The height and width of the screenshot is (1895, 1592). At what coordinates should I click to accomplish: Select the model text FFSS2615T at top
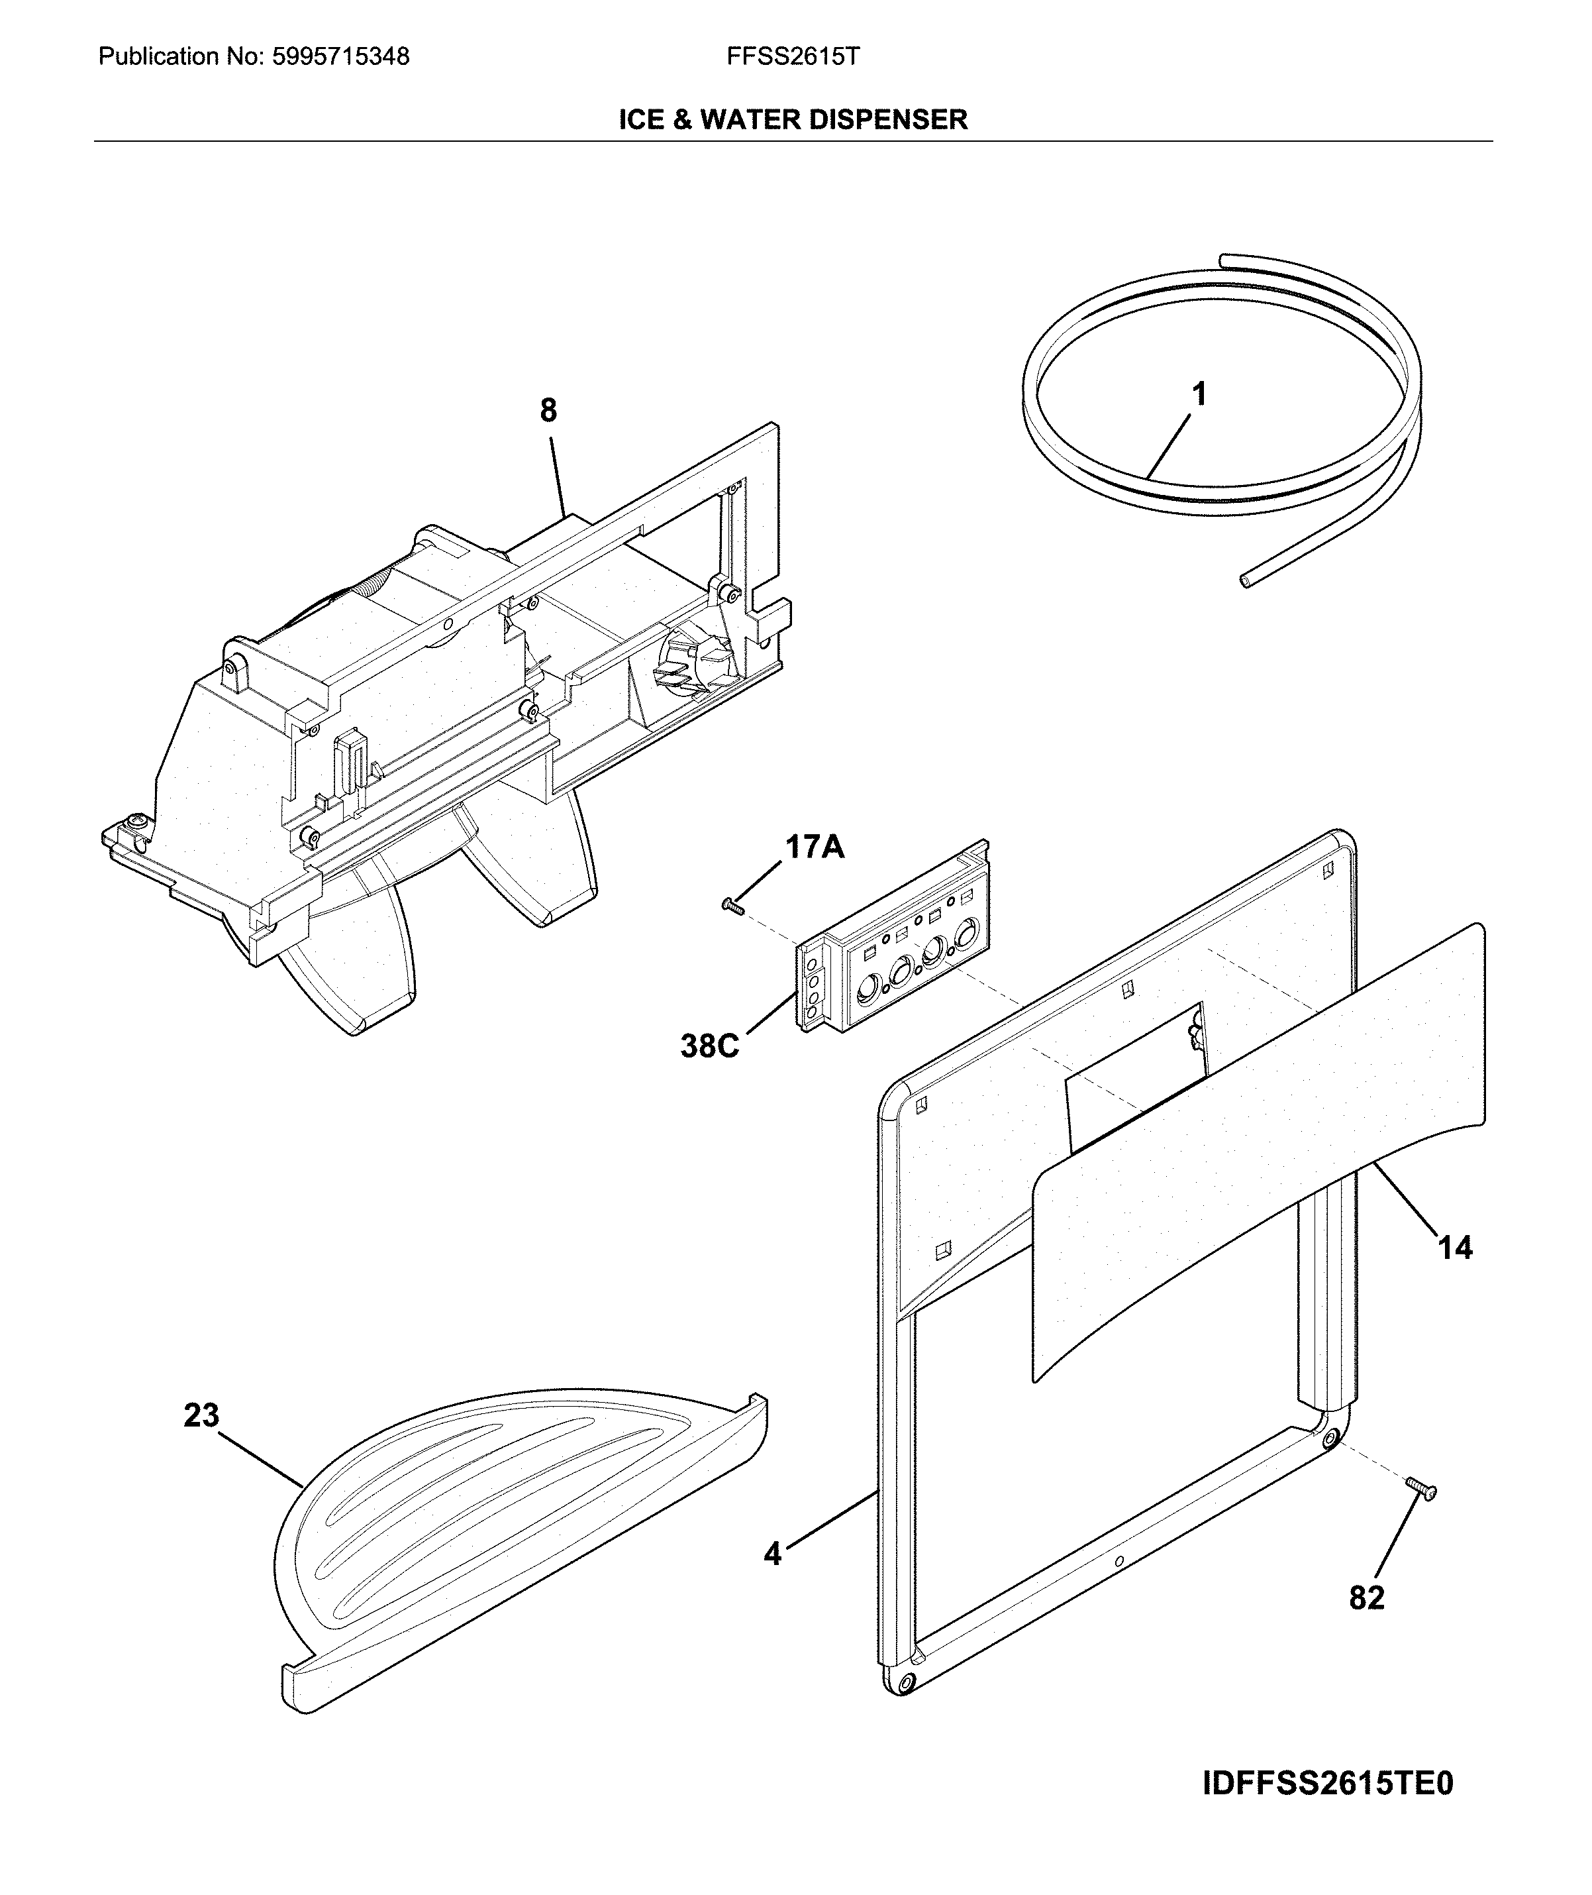pyautogui.click(x=793, y=57)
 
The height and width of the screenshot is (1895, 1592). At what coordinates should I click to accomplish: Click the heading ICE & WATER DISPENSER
pyautogui.click(x=793, y=119)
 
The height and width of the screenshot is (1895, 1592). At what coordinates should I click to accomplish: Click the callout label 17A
pyautogui.click(x=814, y=847)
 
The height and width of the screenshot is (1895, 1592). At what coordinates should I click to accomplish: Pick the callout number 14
pyautogui.click(x=1454, y=1248)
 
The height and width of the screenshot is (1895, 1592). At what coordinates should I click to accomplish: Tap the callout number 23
pyautogui.click(x=201, y=1415)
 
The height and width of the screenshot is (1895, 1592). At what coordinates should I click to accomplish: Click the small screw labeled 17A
pyautogui.click(x=732, y=906)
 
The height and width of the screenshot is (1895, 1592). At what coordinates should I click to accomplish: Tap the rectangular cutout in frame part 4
pyautogui.click(x=1135, y=1074)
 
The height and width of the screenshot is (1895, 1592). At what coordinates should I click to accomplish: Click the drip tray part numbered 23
pyautogui.click(x=505, y=1535)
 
